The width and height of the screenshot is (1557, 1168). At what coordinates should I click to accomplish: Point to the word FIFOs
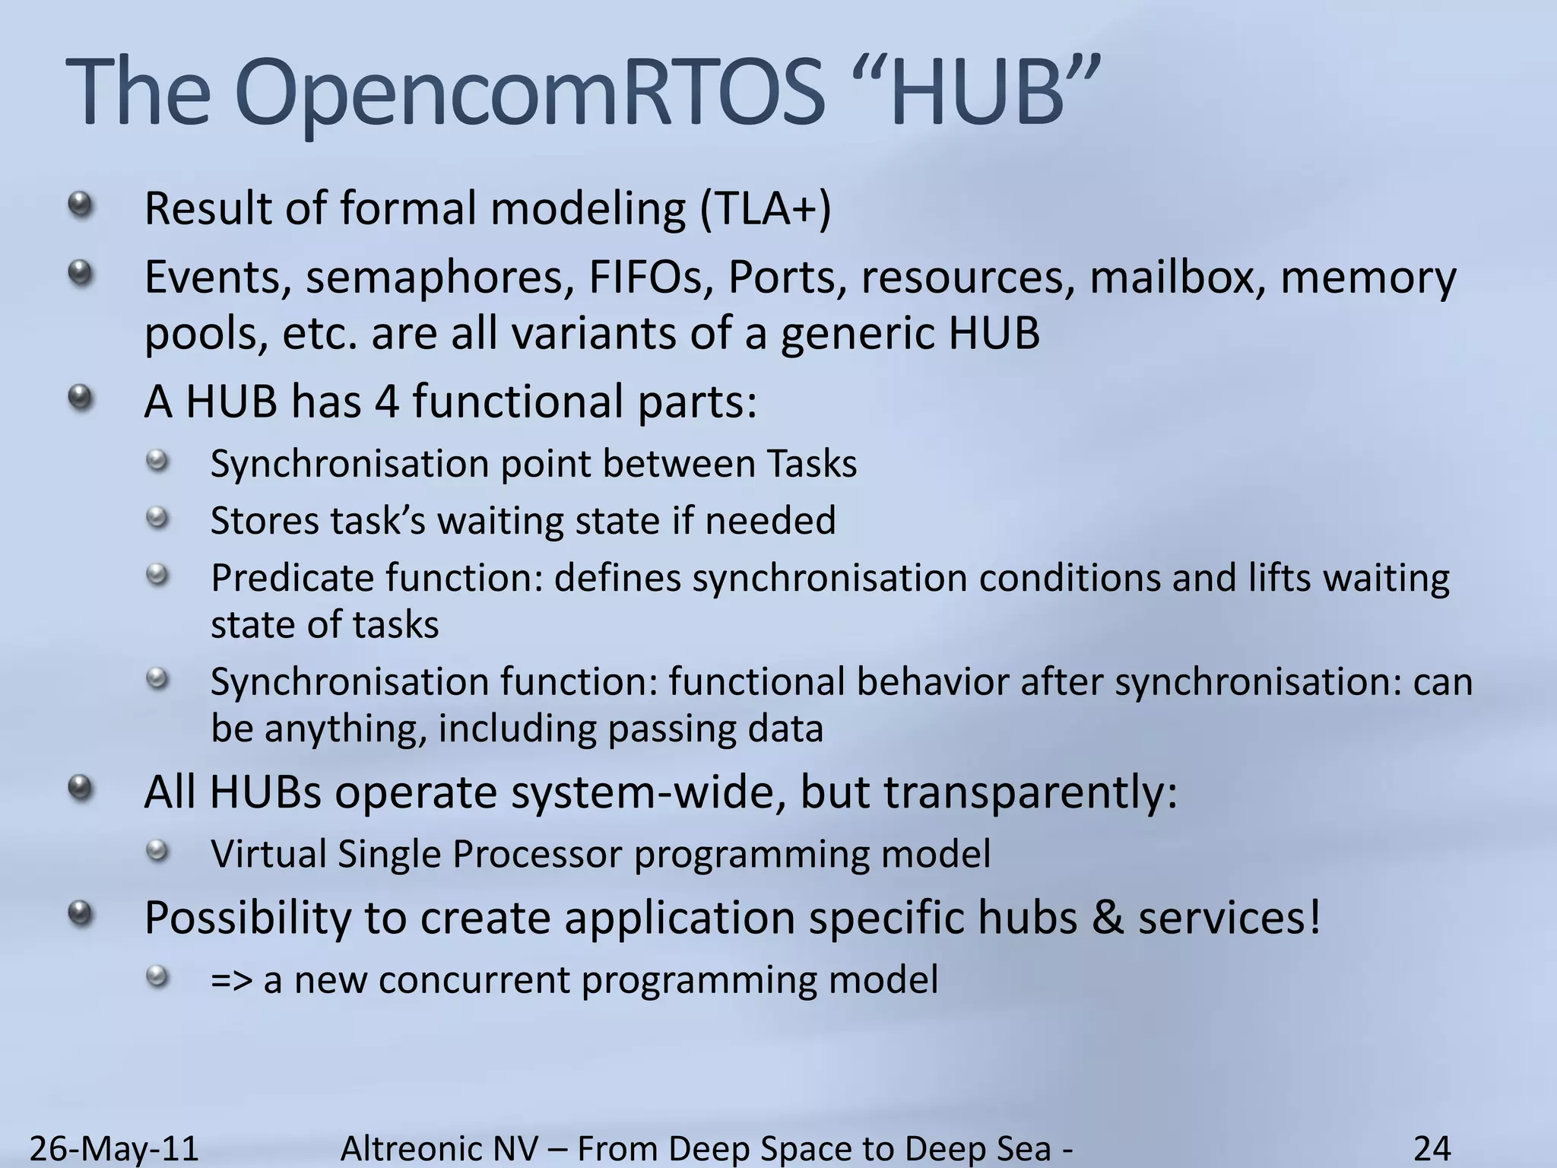pos(651,278)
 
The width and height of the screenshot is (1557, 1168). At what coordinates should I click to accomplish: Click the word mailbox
pos(1178,278)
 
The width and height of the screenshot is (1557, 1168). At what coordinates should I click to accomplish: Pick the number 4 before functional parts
pos(387,401)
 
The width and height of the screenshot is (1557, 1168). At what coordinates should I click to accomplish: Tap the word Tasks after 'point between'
pos(811,463)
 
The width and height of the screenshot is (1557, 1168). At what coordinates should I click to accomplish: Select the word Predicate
pos(292,578)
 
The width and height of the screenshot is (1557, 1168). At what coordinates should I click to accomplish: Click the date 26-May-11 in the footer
pos(114,1148)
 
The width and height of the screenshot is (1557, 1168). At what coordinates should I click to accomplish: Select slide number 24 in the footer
pos(1432,1148)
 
